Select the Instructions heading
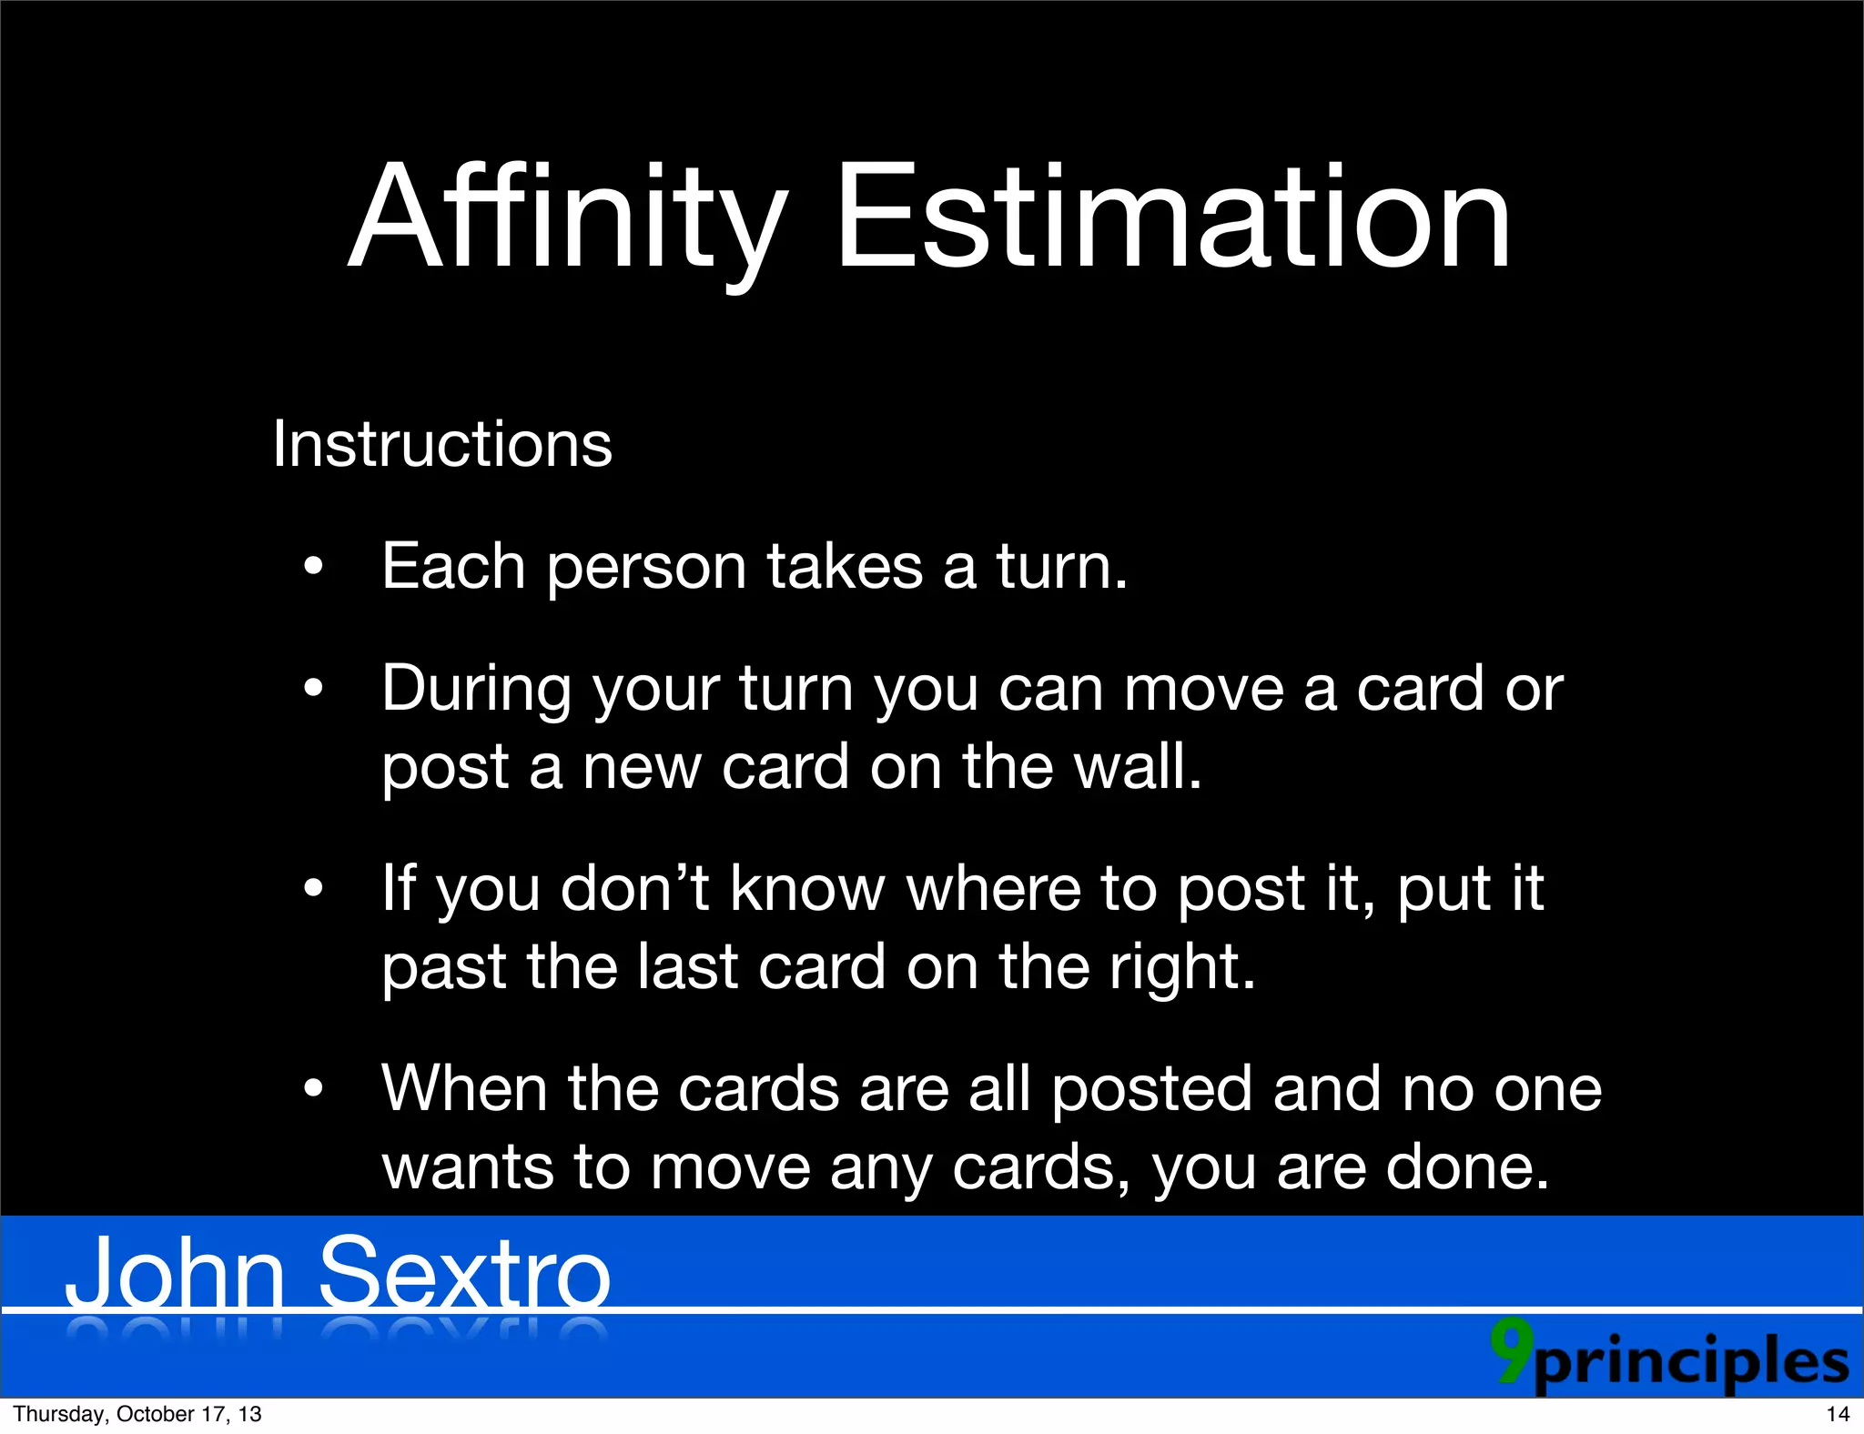click(x=442, y=444)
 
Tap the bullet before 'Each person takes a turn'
click(x=314, y=568)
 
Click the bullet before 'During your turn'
click(x=314, y=690)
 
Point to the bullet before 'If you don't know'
click(x=314, y=889)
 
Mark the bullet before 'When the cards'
click(x=314, y=1089)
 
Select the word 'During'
click(x=477, y=690)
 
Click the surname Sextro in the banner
click(x=464, y=1274)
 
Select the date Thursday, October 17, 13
click(x=137, y=1414)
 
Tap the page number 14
click(x=1838, y=1414)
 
